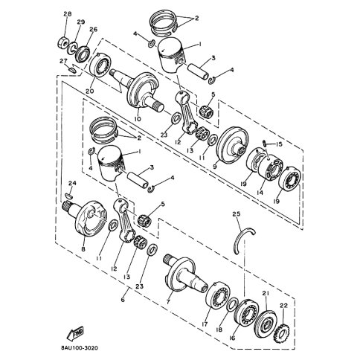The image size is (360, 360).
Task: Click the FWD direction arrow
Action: (x=75, y=332)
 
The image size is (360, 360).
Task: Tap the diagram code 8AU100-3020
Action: (x=79, y=348)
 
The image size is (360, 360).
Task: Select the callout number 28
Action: (x=67, y=13)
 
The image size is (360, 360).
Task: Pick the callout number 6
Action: (x=123, y=299)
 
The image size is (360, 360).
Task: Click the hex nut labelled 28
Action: (x=63, y=43)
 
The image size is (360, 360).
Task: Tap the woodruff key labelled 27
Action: (x=71, y=70)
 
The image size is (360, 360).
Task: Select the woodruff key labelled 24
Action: (x=68, y=196)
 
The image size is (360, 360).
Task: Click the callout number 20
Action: (x=90, y=91)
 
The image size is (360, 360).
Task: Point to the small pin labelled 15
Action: (x=265, y=143)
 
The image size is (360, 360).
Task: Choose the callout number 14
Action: (x=260, y=192)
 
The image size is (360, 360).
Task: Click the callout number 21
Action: (x=266, y=294)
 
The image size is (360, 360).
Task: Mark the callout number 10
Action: (x=138, y=119)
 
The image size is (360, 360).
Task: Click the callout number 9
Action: (x=215, y=166)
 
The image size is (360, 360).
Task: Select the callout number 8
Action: (x=83, y=248)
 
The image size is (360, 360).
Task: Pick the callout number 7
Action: (x=168, y=302)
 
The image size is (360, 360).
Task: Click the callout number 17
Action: (x=205, y=324)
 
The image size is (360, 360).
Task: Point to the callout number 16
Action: (x=232, y=338)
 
